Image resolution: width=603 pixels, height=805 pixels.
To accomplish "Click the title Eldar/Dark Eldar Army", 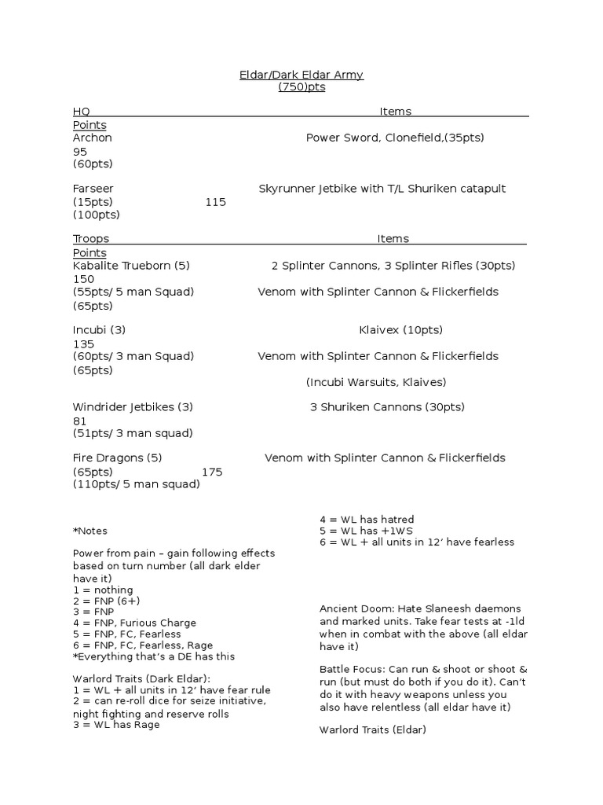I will tap(301, 75).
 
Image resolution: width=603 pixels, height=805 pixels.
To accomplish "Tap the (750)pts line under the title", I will tap(301, 87).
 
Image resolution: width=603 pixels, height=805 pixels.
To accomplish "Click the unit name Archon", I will tap(93, 138).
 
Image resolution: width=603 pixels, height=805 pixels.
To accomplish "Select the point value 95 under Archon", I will tap(80, 151).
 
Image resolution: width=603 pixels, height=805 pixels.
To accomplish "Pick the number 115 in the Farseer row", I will tap(215, 202).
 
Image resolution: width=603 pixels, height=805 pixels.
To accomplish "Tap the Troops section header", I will tap(91, 239).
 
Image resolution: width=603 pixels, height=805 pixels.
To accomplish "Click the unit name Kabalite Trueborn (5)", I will tap(131, 266).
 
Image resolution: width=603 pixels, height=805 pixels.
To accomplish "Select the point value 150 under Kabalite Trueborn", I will tap(83, 279).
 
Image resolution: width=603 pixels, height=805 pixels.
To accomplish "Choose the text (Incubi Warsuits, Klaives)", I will tap(375, 382).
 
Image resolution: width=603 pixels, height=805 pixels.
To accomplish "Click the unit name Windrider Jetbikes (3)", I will tap(133, 407).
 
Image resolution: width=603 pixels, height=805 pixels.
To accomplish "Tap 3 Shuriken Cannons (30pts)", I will tap(387, 407).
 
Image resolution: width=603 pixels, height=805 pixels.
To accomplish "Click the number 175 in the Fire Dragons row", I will tap(212, 472).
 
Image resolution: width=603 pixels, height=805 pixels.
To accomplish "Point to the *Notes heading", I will tap(90, 531).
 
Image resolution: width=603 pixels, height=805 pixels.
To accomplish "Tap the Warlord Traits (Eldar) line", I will tap(372, 730).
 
